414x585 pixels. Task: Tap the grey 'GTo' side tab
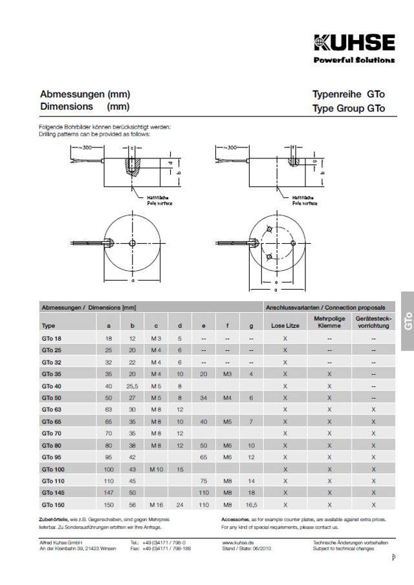click(407, 321)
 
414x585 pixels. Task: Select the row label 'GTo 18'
click(52, 339)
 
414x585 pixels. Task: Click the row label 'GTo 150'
click(53, 504)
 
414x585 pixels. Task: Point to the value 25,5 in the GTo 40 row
click(132, 386)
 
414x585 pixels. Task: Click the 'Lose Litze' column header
click(285, 326)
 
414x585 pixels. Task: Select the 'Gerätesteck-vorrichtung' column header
click(373, 323)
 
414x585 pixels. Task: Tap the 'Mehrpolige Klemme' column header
click(329, 323)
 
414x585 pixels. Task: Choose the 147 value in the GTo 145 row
click(109, 493)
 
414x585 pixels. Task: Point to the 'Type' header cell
click(49, 326)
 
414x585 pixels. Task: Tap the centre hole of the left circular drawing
click(132, 243)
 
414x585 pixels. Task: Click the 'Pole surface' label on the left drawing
click(158, 203)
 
